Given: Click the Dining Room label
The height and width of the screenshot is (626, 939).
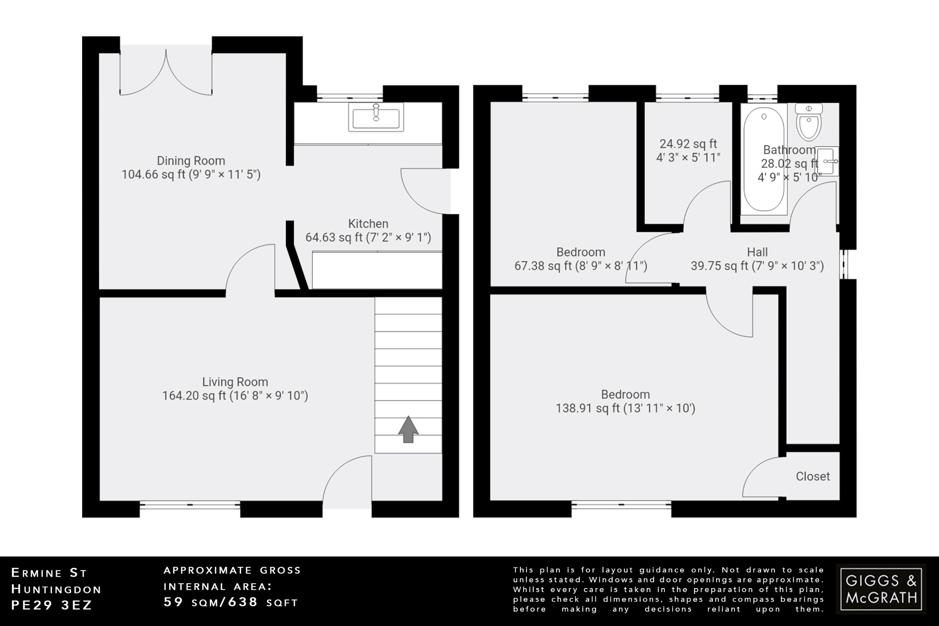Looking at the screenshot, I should pyautogui.click(x=191, y=161).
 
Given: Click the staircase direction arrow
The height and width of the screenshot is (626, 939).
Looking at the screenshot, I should pyautogui.click(x=408, y=430).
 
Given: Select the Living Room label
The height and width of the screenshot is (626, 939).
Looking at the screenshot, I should pyautogui.click(x=235, y=382).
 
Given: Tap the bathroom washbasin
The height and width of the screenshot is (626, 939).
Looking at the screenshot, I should pyautogui.click(x=828, y=161).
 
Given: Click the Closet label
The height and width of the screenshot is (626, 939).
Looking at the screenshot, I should pyautogui.click(x=812, y=476).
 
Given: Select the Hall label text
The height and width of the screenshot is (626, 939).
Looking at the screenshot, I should pyautogui.click(x=757, y=252).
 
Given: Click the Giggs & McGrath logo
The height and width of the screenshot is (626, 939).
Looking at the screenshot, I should pyautogui.click(x=881, y=589).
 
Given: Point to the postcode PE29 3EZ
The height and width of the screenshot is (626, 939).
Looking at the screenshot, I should pyautogui.click(x=51, y=605).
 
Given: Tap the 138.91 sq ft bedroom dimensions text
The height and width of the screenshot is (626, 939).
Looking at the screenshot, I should pyautogui.click(x=625, y=409).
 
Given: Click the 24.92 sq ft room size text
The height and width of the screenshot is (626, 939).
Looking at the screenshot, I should pyautogui.click(x=688, y=144).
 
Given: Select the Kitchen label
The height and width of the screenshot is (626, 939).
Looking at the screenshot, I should pyautogui.click(x=368, y=224).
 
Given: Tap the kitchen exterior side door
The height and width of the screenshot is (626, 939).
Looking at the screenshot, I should pyautogui.click(x=424, y=191).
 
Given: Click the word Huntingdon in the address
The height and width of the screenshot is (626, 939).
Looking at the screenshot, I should pyautogui.click(x=56, y=589).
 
